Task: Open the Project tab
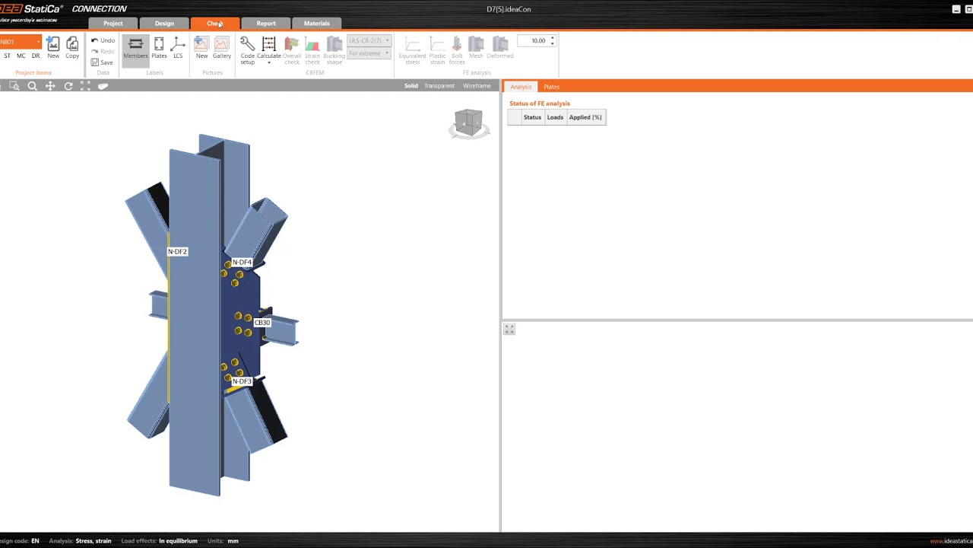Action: coord(113,24)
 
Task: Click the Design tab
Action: coord(164,24)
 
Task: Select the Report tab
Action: coord(265,24)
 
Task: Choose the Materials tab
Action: coord(316,24)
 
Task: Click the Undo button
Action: coord(103,40)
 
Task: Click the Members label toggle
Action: coord(135,48)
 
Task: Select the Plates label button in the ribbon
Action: coord(159,48)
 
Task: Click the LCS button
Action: coord(178,48)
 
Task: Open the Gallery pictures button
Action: coord(221,48)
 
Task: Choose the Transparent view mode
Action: coord(439,86)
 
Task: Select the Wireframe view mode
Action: coord(477,86)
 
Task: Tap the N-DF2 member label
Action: coord(177,252)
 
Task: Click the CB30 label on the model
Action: coord(262,323)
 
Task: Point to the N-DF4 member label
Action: coord(242,263)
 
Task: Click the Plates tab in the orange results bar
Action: coord(551,87)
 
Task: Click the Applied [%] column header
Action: coord(585,117)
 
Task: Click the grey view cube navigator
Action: coord(468,123)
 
